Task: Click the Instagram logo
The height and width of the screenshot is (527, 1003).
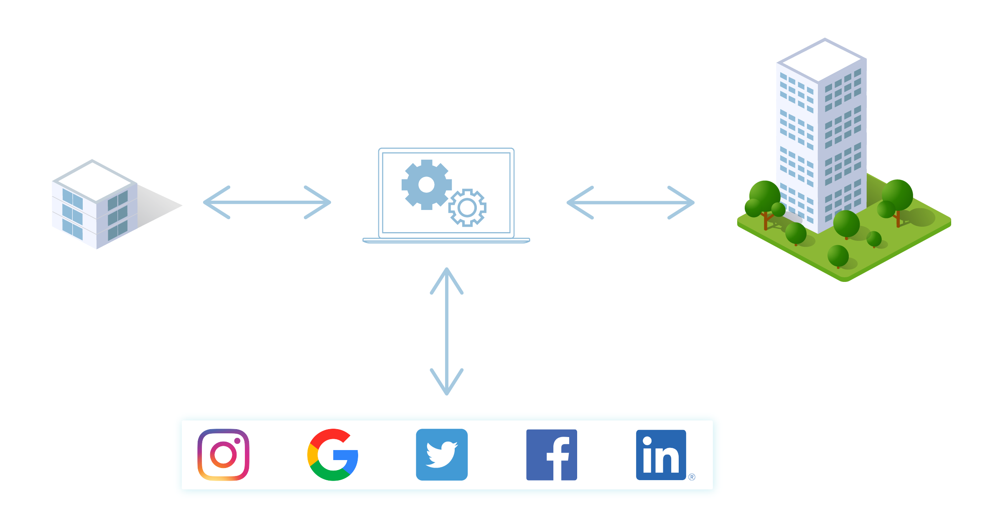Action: click(224, 455)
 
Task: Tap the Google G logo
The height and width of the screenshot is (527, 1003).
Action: click(333, 455)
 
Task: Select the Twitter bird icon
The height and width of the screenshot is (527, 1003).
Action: click(442, 455)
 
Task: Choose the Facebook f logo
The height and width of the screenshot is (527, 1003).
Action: click(552, 455)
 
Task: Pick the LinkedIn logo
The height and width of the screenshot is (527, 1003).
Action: click(661, 455)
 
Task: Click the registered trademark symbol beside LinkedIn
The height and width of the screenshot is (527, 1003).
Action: click(692, 477)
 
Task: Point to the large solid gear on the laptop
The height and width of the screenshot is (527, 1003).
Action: click(427, 184)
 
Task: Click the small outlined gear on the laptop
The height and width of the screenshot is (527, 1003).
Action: click(467, 207)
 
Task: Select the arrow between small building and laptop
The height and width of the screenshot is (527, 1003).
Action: click(267, 202)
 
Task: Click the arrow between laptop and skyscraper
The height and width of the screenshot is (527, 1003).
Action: click(631, 202)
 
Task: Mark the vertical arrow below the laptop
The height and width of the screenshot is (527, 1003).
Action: click(447, 331)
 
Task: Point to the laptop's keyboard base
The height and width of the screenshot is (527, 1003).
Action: click(446, 240)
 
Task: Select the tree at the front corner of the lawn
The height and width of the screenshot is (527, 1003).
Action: click(838, 256)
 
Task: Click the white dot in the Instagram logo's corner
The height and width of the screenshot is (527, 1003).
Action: click(237, 441)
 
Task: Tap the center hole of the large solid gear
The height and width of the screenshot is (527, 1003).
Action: click(427, 184)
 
